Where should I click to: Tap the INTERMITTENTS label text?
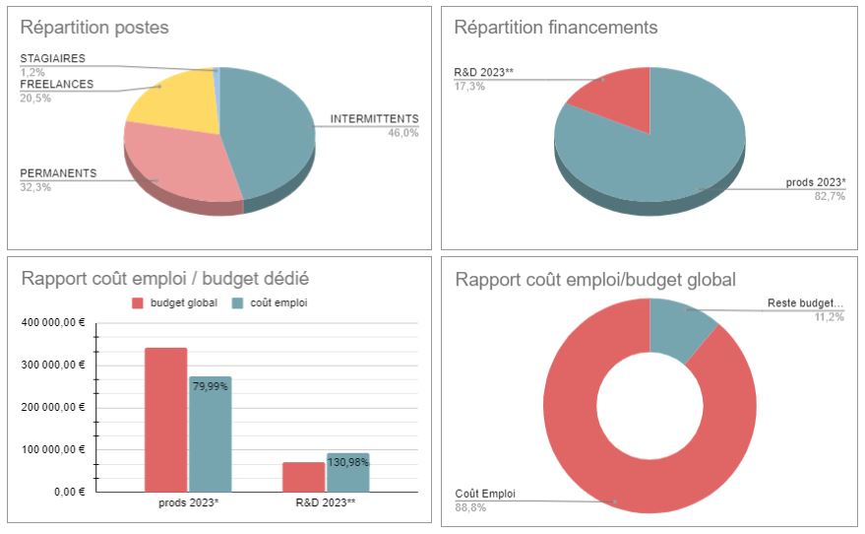pyautogui.click(x=374, y=119)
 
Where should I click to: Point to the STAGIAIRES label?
pyautogui.click(x=52, y=59)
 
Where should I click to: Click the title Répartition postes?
pyautogui.click(x=94, y=28)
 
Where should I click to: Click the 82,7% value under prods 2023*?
pyautogui.click(x=829, y=197)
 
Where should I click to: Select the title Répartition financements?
pyautogui.click(x=556, y=28)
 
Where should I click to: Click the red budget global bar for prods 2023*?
pyautogui.click(x=165, y=419)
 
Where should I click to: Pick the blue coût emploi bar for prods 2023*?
pyautogui.click(x=210, y=434)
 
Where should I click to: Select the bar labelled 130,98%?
pyautogui.click(x=347, y=472)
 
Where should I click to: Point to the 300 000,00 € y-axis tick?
pyautogui.click(x=54, y=365)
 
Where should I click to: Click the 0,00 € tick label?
pyautogui.click(x=69, y=491)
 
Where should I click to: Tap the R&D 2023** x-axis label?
pyautogui.click(x=326, y=503)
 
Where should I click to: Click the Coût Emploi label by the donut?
pyautogui.click(x=485, y=494)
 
